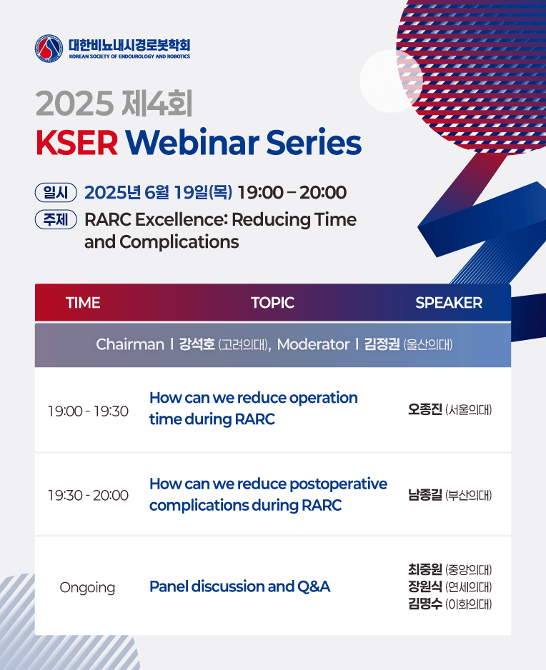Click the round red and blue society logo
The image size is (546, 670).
[x=49, y=49]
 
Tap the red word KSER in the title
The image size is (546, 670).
[x=76, y=143]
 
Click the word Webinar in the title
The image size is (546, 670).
[x=192, y=142]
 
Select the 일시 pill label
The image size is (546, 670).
[x=56, y=193]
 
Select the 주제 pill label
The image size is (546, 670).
[x=56, y=219]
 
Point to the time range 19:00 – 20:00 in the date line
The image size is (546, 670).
[x=292, y=193]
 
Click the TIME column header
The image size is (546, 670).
[x=83, y=303]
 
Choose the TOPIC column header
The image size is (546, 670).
[x=272, y=303]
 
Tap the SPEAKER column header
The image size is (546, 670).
[x=449, y=303]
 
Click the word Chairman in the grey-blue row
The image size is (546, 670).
[x=130, y=344]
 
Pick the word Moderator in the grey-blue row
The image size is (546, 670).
[x=313, y=344]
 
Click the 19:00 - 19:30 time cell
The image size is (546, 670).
[x=88, y=411]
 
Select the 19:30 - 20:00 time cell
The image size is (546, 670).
[x=88, y=495]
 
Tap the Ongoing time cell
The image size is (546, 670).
[x=87, y=588]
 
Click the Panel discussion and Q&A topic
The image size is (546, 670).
[x=240, y=586]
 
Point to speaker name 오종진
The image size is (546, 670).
[x=425, y=409]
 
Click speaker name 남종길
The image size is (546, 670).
[x=425, y=495]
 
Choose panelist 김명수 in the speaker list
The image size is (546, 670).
[x=425, y=604]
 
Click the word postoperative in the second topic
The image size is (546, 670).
[x=338, y=484]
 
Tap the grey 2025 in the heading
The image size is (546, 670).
[x=75, y=104]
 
